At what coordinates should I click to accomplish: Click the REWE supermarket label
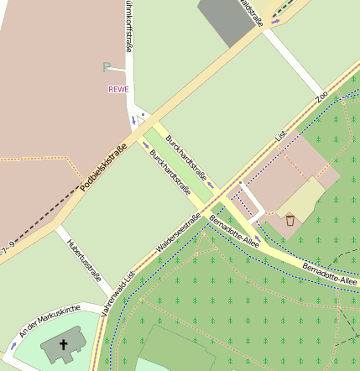[x=119, y=88]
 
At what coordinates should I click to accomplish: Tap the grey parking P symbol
[x=106, y=68]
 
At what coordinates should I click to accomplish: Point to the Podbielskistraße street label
[x=110, y=165]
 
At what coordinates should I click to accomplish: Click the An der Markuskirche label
[x=50, y=318]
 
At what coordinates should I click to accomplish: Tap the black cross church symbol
[x=63, y=344]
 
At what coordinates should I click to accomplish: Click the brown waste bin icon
[x=290, y=221]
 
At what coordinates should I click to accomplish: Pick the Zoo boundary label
[x=321, y=97]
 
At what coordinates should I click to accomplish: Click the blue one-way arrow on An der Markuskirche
[x=13, y=344]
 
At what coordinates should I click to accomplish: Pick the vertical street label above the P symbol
[x=129, y=24]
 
